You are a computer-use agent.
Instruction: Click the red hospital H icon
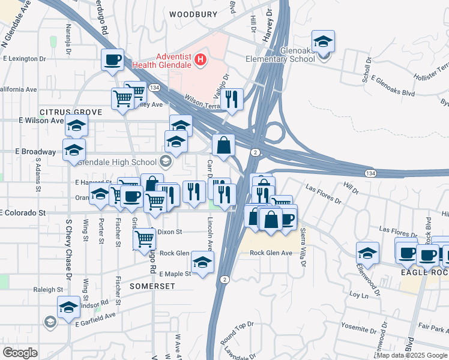click(202, 60)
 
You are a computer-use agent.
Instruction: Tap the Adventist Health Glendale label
click(173, 61)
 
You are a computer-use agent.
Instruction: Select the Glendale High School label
click(126, 161)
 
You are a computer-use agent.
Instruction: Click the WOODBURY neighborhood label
click(192, 14)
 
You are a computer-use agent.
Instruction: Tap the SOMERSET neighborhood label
click(152, 286)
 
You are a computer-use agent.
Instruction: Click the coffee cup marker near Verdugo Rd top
click(112, 60)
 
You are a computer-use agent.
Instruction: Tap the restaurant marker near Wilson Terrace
click(232, 99)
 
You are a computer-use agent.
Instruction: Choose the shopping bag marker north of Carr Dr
click(223, 145)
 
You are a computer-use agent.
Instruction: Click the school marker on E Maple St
click(202, 263)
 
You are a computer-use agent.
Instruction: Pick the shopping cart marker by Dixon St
click(145, 239)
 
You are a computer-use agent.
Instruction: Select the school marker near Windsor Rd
click(69, 308)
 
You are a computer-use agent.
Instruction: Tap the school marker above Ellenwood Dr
click(367, 253)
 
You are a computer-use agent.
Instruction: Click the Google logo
click(20, 353)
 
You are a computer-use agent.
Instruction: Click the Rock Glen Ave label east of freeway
click(271, 253)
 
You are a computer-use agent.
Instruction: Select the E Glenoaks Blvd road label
click(393, 85)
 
